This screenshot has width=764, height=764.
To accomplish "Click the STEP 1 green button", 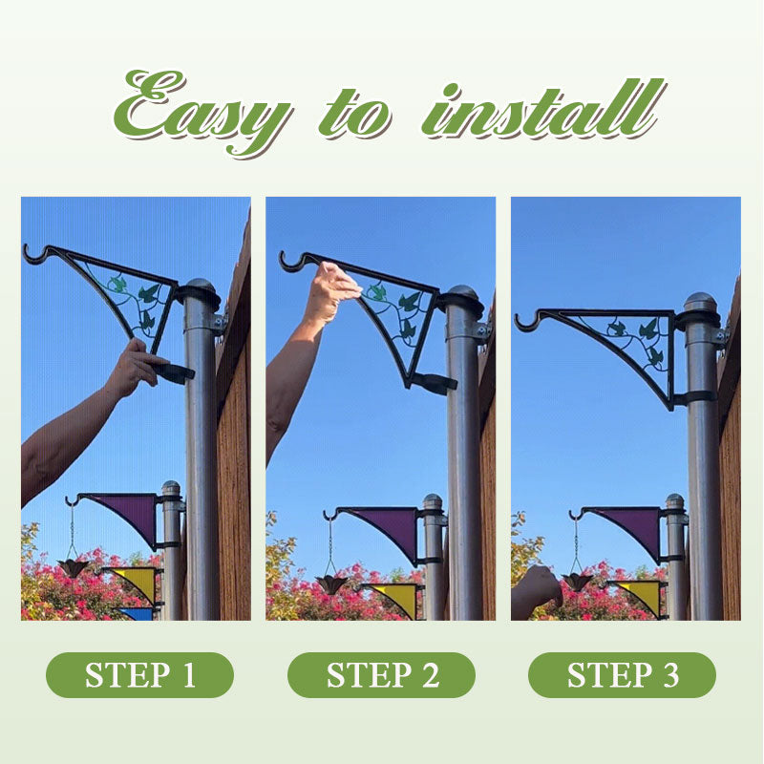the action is pyautogui.click(x=139, y=675).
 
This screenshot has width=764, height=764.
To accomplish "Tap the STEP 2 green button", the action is pyautogui.click(x=381, y=675).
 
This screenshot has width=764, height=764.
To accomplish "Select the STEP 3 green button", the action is pyautogui.click(x=623, y=675).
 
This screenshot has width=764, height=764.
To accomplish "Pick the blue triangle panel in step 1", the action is pyautogui.click(x=137, y=613).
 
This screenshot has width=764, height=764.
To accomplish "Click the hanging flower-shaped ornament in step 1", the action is pyautogui.click(x=74, y=567).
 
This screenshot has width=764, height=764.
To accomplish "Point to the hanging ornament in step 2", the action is pyautogui.click(x=330, y=584).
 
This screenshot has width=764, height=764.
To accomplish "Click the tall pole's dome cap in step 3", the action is pyautogui.click(x=700, y=303).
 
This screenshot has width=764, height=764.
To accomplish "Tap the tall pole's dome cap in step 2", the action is pyautogui.click(x=463, y=296).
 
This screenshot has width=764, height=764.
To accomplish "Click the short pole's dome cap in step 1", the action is pyautogui.click(x=171, y=488).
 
